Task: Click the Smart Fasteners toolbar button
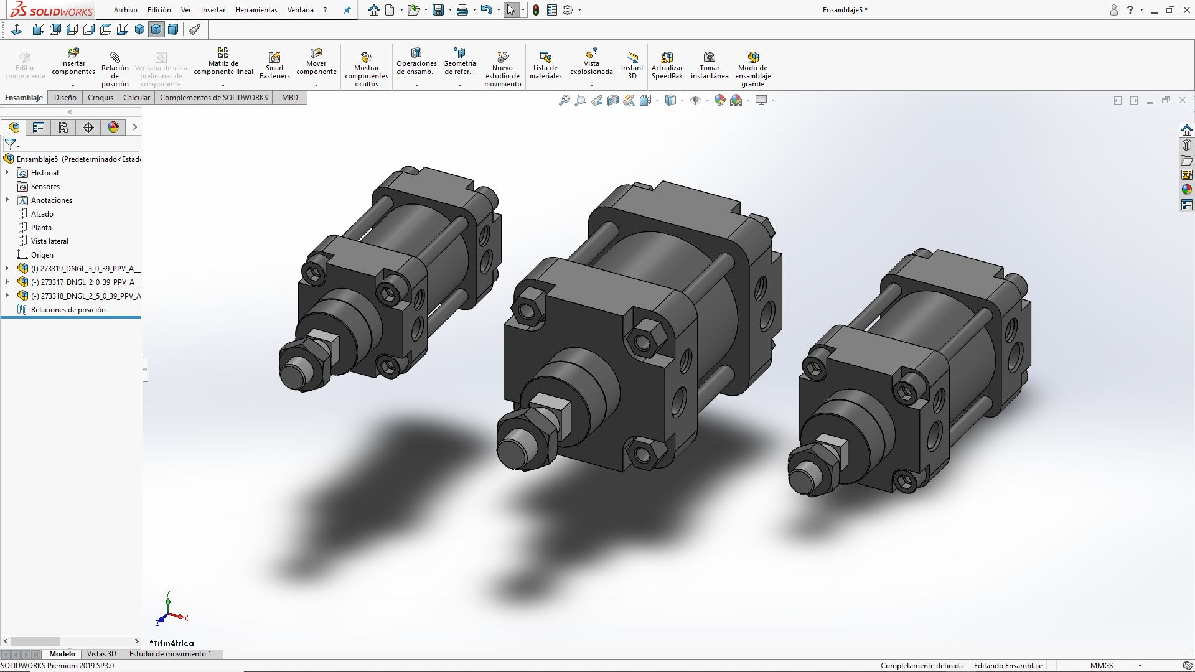[274, 65]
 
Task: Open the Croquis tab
[100, 98]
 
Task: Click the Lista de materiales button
[545, 65]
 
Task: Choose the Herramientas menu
[256, 10]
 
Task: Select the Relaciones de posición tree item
[68, 310]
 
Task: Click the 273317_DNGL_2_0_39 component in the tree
[87, 282]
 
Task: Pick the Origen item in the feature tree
[42, 255]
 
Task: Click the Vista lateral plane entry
[49, 241]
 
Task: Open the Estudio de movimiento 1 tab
[170, 654]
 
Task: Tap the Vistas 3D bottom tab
[101, 654]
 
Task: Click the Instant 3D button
[632, 65]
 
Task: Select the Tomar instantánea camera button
[709, 65]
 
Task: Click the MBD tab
[289, 98]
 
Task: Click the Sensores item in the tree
[45, 187]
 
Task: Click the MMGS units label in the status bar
[1101, 665]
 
